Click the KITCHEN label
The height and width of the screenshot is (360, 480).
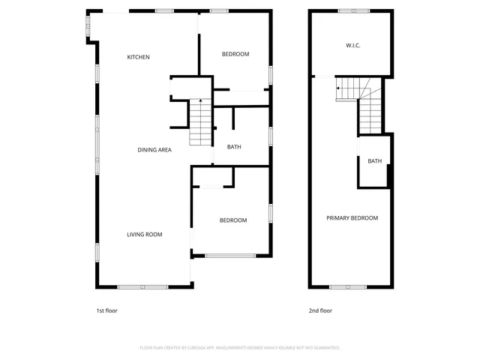[x=138, y=57]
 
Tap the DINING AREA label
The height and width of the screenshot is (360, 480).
[x=154, y=150]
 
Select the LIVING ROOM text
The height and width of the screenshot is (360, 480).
[x=144, y=235]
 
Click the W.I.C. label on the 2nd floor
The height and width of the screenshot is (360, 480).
[x=353, y=46]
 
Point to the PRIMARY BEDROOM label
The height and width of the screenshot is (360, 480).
[x=352, y=218]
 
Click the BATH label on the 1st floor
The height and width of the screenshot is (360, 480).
[x=234, y=147]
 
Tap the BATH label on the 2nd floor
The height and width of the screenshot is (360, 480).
[x=374, y=161]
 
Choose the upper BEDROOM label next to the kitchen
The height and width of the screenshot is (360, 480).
[x=235, y=54]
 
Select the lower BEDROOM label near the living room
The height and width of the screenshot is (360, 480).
[x=232, y=220]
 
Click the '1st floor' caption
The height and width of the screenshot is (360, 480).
[x=106, y=310]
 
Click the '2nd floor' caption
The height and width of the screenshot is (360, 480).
[x=320, y=310]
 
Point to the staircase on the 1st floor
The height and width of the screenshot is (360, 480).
[x=200, y=124]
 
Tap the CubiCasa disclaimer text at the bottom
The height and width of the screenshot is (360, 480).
[x=240, y=348]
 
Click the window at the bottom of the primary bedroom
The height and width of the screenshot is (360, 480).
[x=348, y=286]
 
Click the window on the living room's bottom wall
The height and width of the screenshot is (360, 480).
[x=143, y=286]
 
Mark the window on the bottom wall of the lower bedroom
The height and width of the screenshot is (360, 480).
[x=230, y=256]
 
